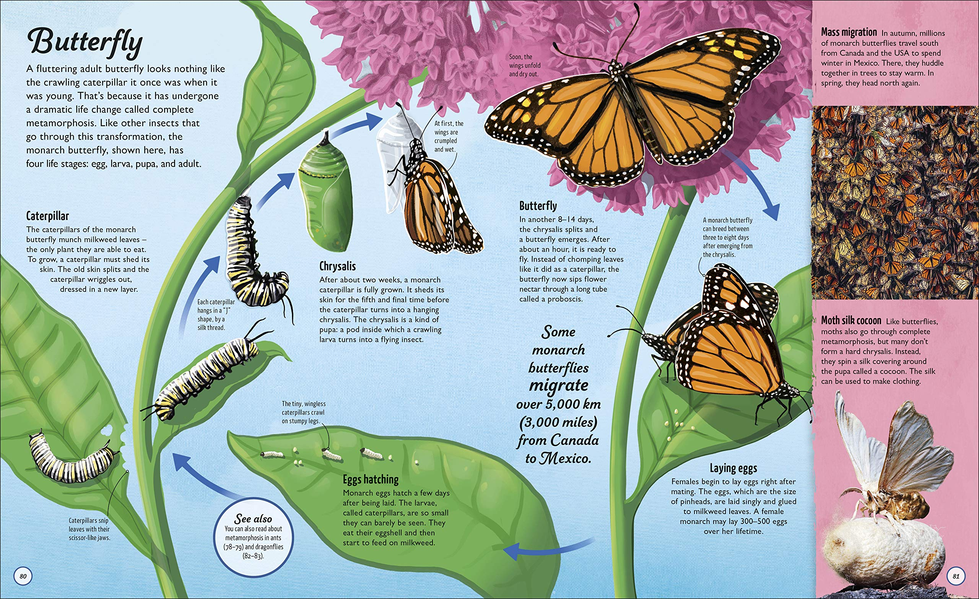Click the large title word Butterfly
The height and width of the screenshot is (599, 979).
[85, 42]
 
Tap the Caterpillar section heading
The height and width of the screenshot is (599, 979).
[48, 216]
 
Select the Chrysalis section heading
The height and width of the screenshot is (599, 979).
[337, 266]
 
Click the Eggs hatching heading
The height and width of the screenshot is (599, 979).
[370, 479]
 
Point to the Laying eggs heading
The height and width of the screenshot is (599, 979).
[733, 468]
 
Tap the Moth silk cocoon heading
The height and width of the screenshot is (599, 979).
[851, 321]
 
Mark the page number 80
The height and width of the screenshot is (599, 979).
[23, 576]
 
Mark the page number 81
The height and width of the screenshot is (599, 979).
[956, 576]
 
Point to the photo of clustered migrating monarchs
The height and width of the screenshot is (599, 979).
[895, 202]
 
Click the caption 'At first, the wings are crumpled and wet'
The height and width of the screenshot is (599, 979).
[449, 136]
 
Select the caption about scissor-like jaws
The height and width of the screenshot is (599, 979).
[89, 529]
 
